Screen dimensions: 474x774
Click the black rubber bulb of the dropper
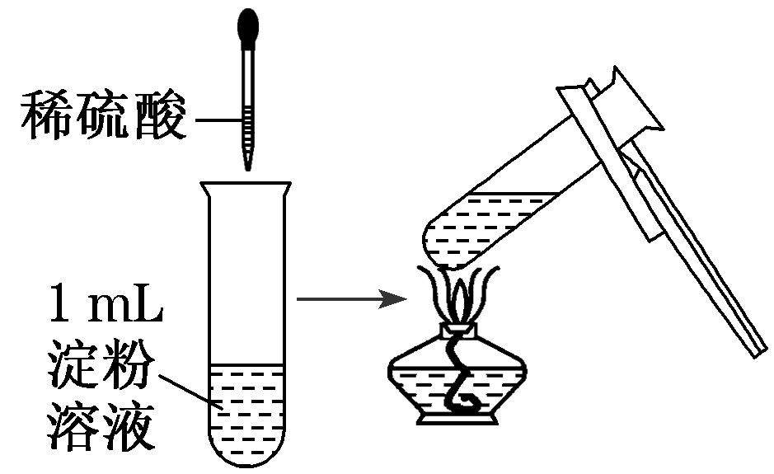click(x=246, y=26)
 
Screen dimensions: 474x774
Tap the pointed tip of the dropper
click(x=246, y=165)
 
